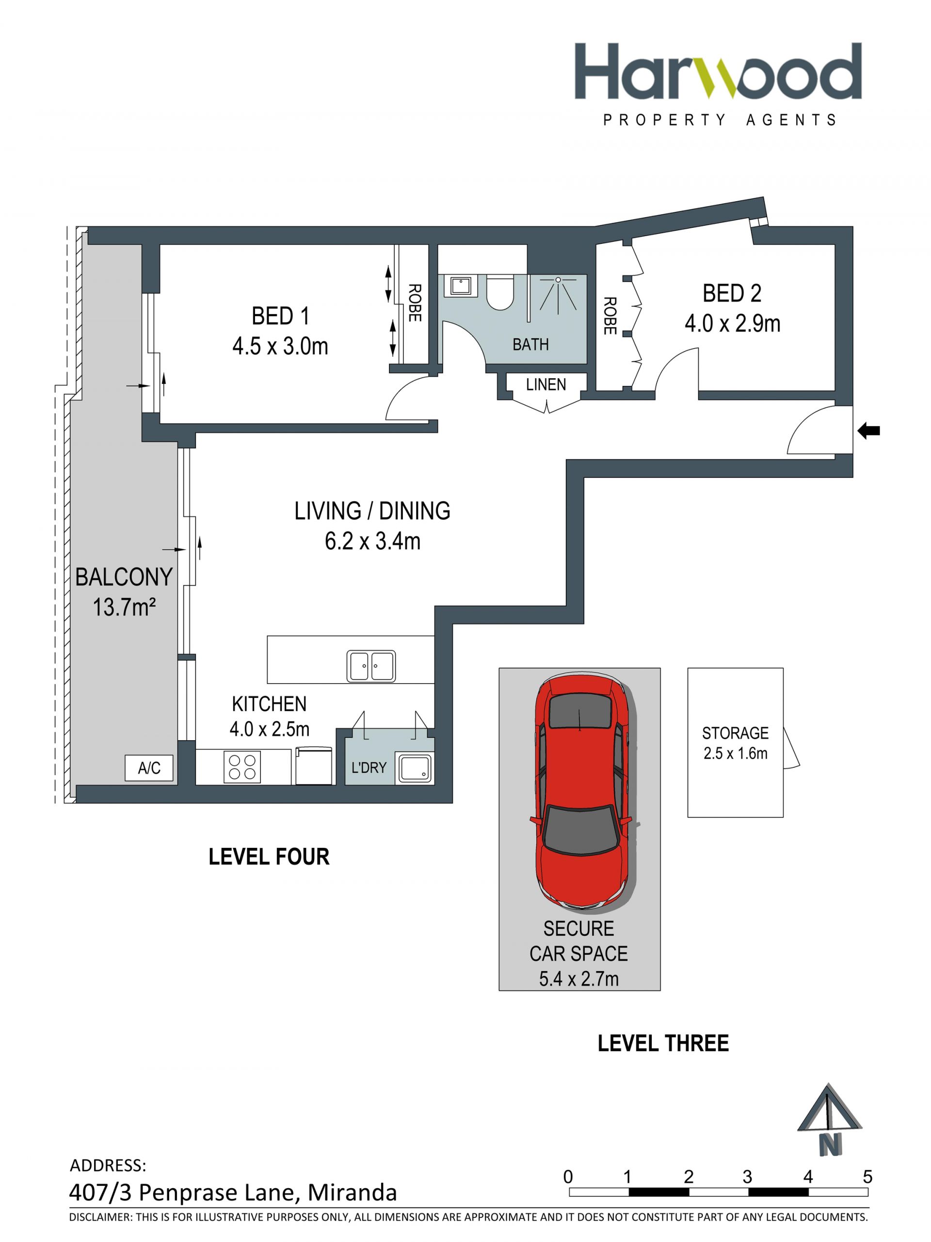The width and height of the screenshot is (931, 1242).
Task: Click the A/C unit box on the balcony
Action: pyautogui.click(x=149, y=767)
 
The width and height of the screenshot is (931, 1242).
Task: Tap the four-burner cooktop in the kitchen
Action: pyautogui.click(x=242, y=767)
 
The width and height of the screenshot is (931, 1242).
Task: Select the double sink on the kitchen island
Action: pyautogui.click(x=370, y=666)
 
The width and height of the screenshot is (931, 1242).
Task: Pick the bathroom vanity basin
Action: pyautogui.click(x=461, y=286)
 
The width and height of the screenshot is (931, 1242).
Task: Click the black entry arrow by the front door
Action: pyautogui.click(x=868, y=431)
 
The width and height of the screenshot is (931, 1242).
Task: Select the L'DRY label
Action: pyautogui.click(x=369, y=767)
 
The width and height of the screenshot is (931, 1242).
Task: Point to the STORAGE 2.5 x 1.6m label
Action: pyautogui.click(x=735, y=743)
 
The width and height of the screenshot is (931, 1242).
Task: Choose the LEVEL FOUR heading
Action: pyautogui.click(x=269, y=857)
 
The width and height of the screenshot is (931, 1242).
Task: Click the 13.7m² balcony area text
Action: pyautogui.click(x=124, y=607)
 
